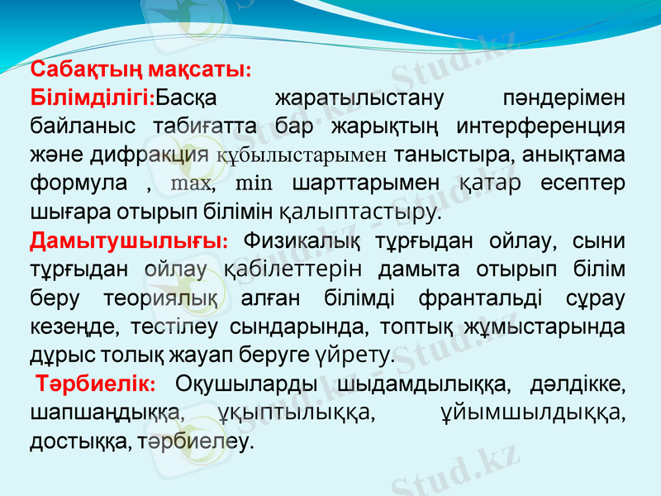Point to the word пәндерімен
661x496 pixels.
[x=564, y=98]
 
